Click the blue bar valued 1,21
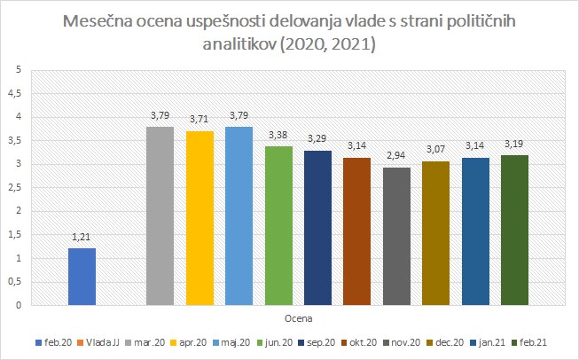(x=82, y=277)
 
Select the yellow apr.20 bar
(x=200, y=218)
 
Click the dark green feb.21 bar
(x=513, y=231)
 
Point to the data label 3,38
(x=278, y=137)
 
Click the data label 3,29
(x=317, y=141)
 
